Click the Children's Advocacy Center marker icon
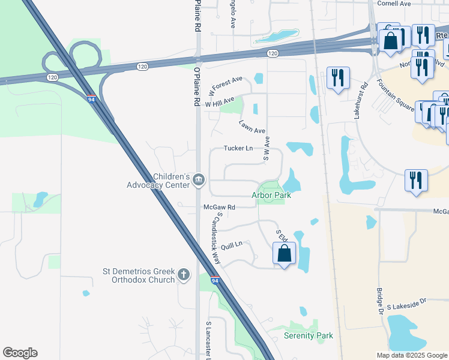coord(199,179)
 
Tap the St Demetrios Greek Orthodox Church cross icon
coord(184,275)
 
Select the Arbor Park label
coord(270,195)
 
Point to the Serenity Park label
coord(308,335)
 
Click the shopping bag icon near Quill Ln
coord(285,253)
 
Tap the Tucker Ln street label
coord(238,148)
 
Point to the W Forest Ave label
coord(226,86)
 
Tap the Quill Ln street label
coord(231,244)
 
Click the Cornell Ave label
coord(394,4)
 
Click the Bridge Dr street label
coord(379,301)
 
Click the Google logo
coord(20,353)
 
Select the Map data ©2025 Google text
coord(411,355)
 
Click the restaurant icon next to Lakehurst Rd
coord(338,78)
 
